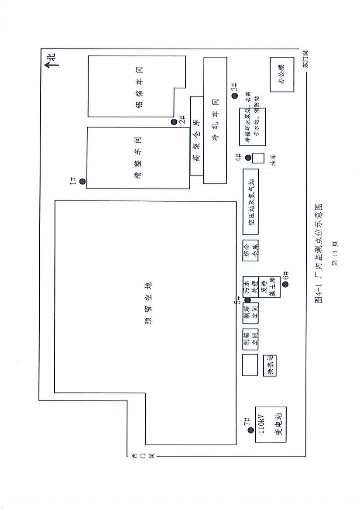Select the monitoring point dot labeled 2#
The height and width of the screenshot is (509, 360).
(174, 122)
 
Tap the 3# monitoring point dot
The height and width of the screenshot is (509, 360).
(234, 96)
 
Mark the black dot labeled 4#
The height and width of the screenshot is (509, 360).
(248, 158)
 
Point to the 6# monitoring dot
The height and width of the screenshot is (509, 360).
(285, 284)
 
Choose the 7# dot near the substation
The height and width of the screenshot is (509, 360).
(250, 430)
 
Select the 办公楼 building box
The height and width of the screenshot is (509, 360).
(281, 75)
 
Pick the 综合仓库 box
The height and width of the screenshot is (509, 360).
(251, 251)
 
